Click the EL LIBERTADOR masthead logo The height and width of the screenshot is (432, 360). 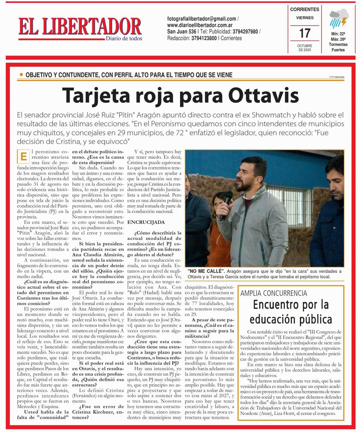79,26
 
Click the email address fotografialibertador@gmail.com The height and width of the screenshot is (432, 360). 201,19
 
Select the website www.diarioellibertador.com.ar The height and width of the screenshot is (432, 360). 200,25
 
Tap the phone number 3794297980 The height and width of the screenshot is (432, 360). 245,31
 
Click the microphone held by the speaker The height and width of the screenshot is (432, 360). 227,201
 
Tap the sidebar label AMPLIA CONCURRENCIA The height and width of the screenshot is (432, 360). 274,293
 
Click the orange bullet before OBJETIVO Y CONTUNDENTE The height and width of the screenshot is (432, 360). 21,75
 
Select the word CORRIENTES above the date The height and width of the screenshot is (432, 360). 304,10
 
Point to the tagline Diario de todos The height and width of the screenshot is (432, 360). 124,38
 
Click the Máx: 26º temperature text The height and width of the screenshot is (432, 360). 338,39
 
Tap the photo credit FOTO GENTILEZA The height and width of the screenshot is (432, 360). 337,77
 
